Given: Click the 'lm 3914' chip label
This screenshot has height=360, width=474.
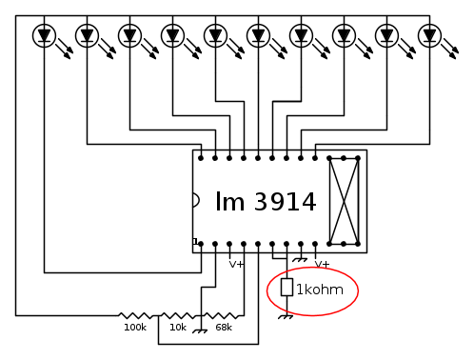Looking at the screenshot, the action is [x=266, y=201].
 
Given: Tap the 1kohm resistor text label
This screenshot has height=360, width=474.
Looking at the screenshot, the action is [x=320, y=290].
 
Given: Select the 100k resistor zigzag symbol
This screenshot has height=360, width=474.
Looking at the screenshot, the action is [x=136, y=315].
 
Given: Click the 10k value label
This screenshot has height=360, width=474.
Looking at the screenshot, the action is [x=178, y=328].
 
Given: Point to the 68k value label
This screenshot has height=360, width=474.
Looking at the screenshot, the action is [x=224, y=328].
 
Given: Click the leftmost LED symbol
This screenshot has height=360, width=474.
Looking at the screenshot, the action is [x=45, y=35].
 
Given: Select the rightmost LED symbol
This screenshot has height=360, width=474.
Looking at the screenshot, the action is [x=430, y=35].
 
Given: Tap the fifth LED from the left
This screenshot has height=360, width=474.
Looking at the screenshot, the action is [x=216, y=35].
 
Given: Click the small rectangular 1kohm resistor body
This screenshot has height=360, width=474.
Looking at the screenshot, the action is [x=286, y=288].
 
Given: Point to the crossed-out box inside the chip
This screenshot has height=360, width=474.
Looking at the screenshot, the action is [x=344, y=201].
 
